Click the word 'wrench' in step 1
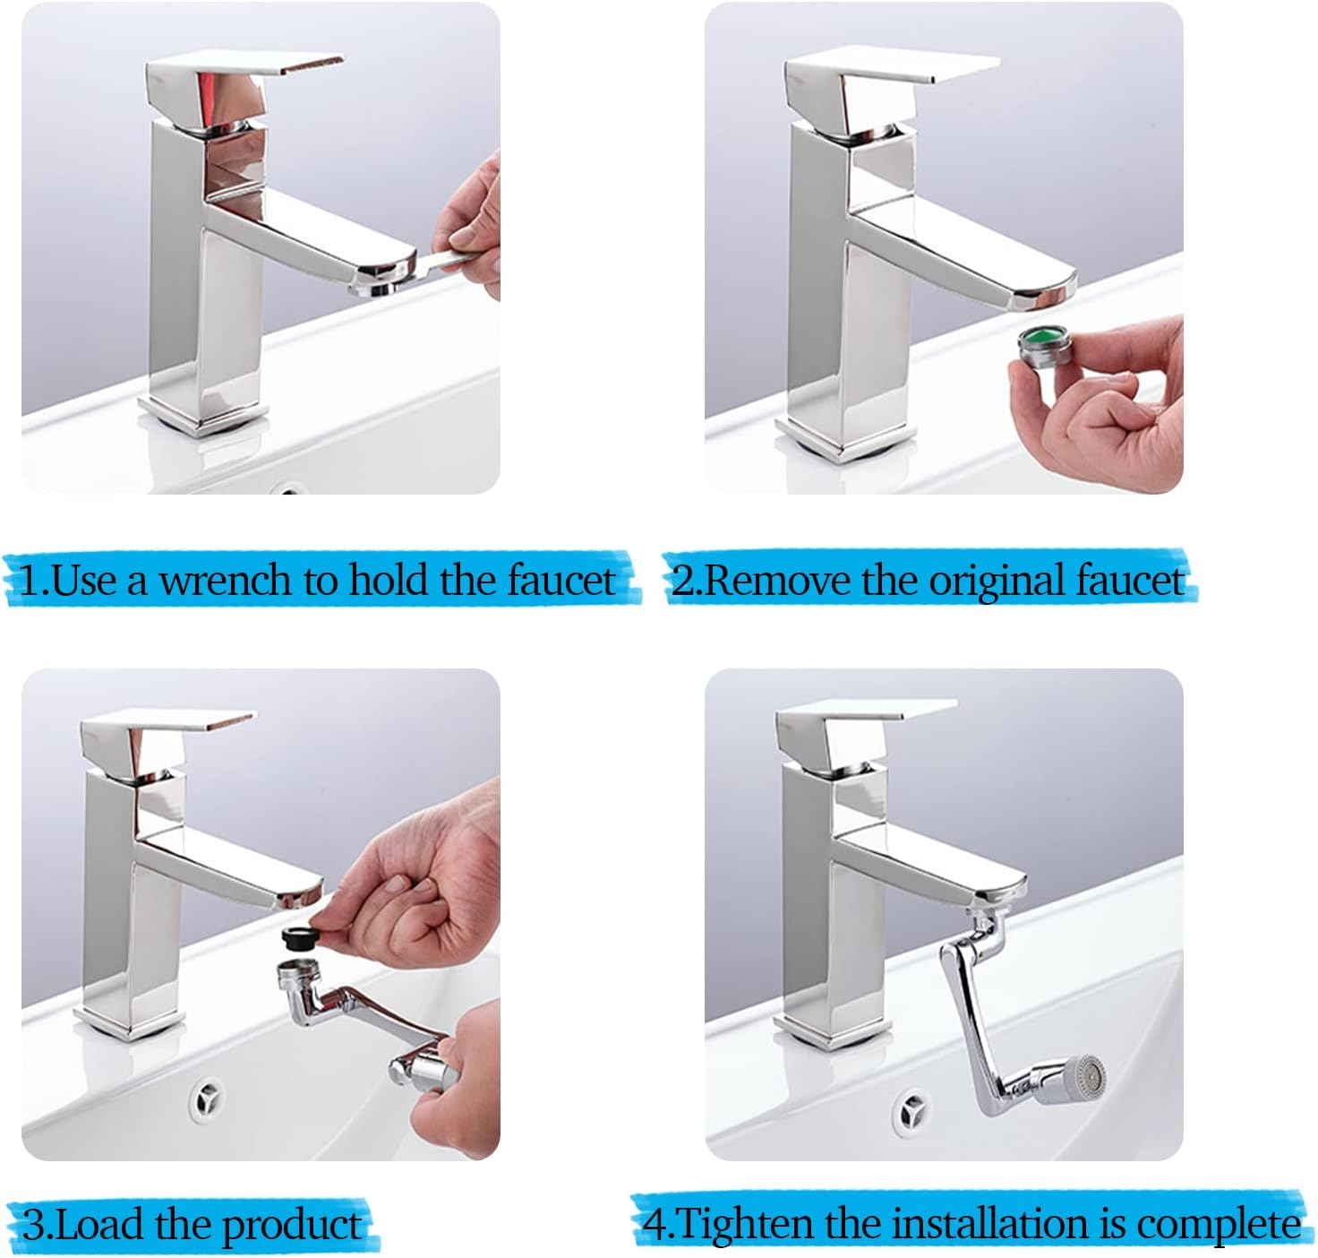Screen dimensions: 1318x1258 (x=224, y=580)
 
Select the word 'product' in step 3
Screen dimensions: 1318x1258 (x=292, y=1225)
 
